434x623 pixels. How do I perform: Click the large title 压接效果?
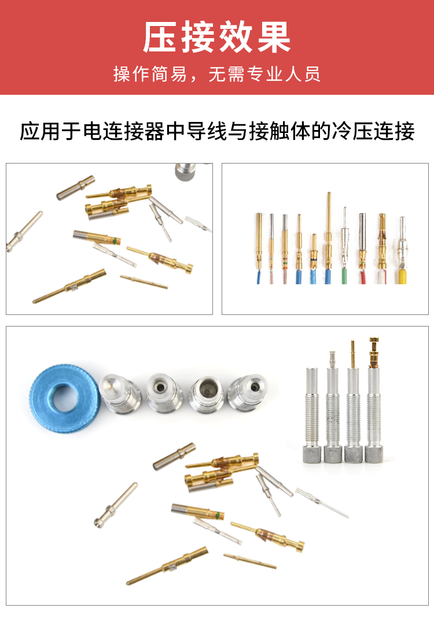pyautogui.click(x=217, y=37)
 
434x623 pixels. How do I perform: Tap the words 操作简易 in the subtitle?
pyautogui.click(x=149, y=75)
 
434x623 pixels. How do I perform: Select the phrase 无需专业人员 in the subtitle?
pyautogui.click(x=264, y=75)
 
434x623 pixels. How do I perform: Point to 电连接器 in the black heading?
pyautogui.click(x=124, y=132)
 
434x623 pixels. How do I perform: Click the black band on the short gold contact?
pyautogui.click(x=314, y=259)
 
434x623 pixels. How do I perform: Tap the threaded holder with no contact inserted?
pyautogui.click(x=311, y=415)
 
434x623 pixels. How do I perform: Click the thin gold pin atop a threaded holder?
pyautogui.click(x=352, y=354)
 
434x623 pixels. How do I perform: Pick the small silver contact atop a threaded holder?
pyautogui.click(x=333, y=359)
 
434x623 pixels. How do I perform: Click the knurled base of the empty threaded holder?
pyautogui.click(x=311, y=454)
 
